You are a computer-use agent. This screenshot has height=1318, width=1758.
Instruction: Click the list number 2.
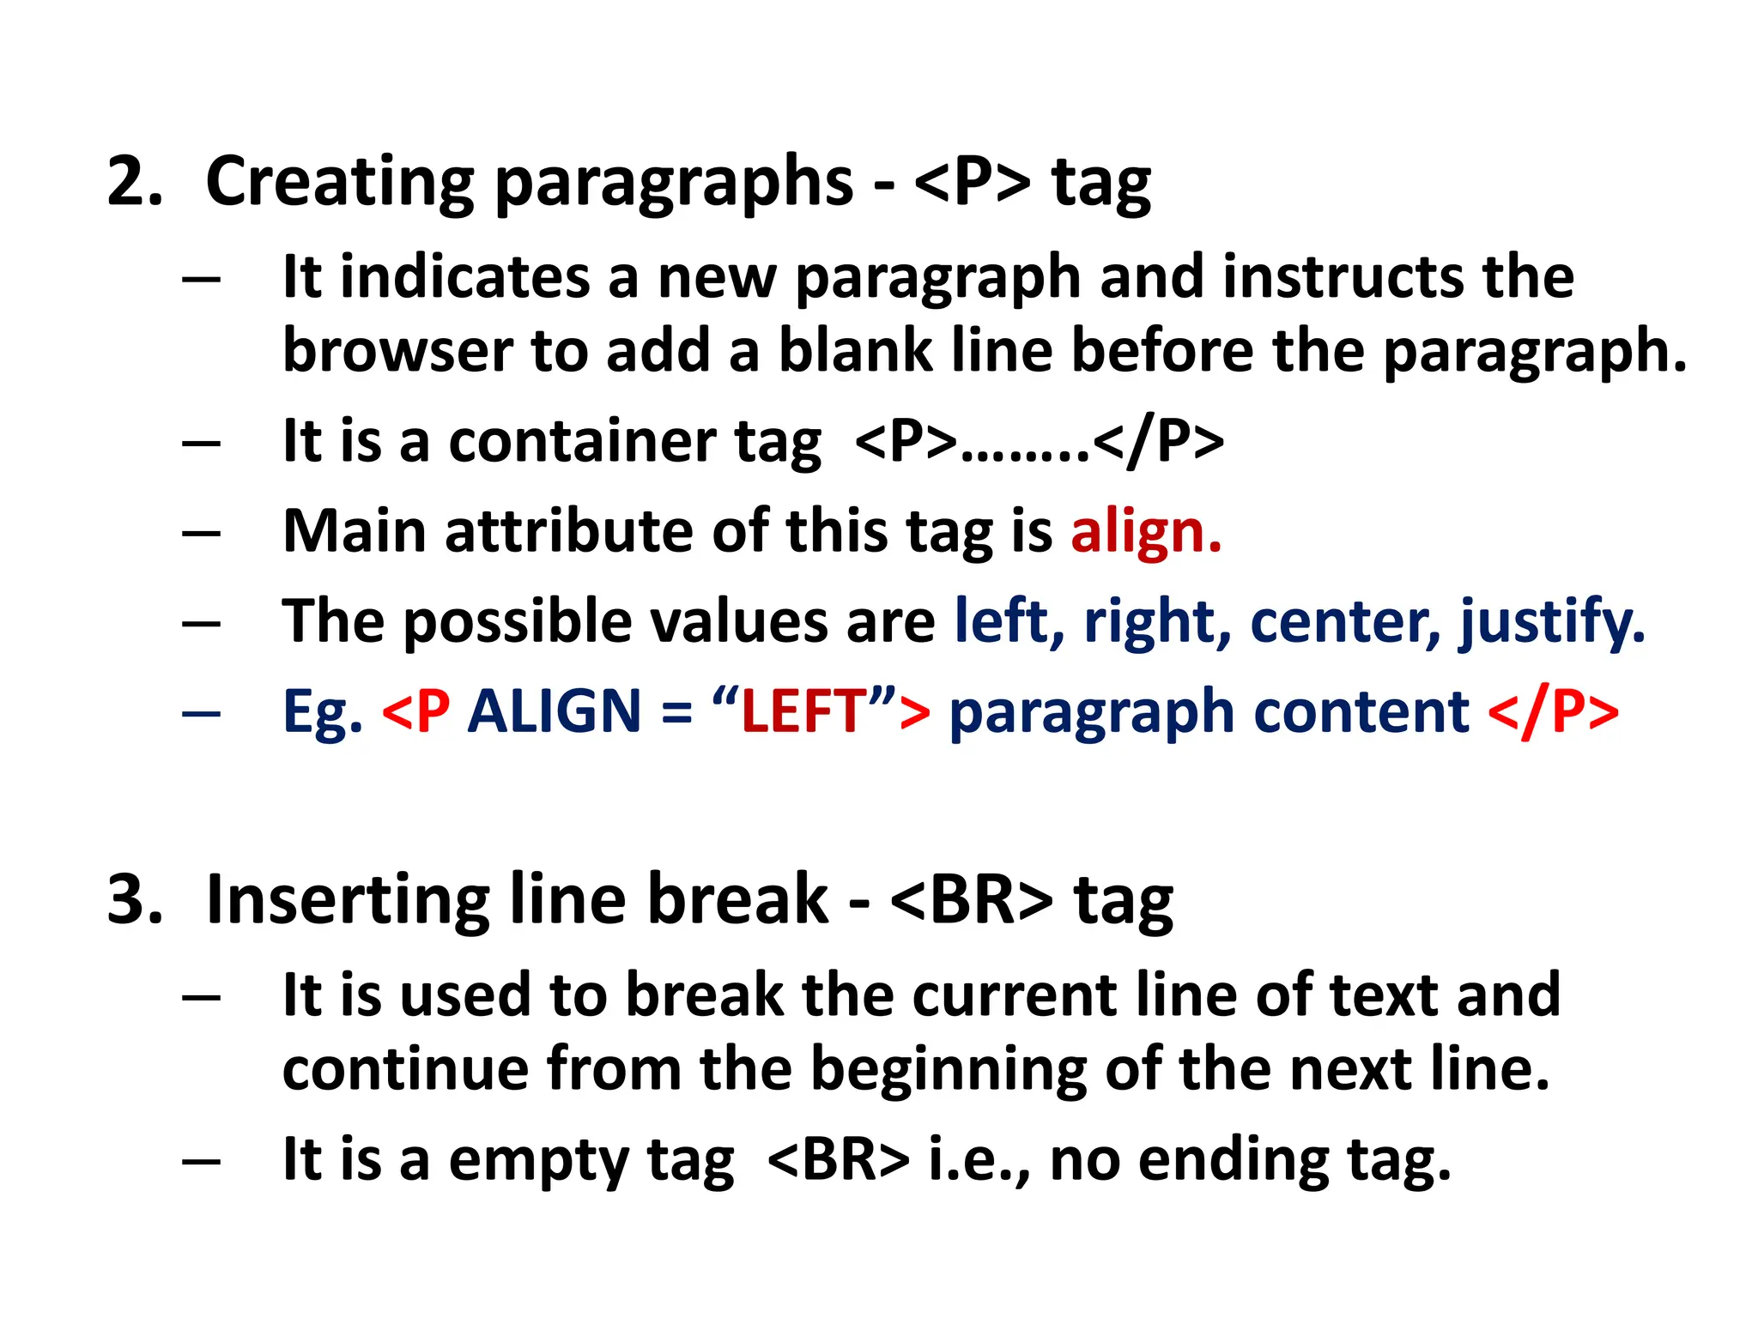(134, 182)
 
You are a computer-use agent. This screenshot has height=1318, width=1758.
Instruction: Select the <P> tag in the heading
(973, 182)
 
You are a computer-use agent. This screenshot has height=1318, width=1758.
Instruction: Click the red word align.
(1146, 531)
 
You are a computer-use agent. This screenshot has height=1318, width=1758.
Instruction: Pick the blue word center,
(1346, 621)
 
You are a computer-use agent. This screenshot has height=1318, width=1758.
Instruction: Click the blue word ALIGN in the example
(555, 711)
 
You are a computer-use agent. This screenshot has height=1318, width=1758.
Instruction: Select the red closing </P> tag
(1554, 711)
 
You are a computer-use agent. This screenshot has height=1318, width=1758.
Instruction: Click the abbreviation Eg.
(323, 713)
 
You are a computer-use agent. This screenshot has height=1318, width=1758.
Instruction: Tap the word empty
(539, 1160)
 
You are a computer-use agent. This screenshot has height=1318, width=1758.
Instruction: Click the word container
(581, 442)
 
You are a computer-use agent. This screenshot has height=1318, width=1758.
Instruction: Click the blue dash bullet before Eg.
(202, 712)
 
